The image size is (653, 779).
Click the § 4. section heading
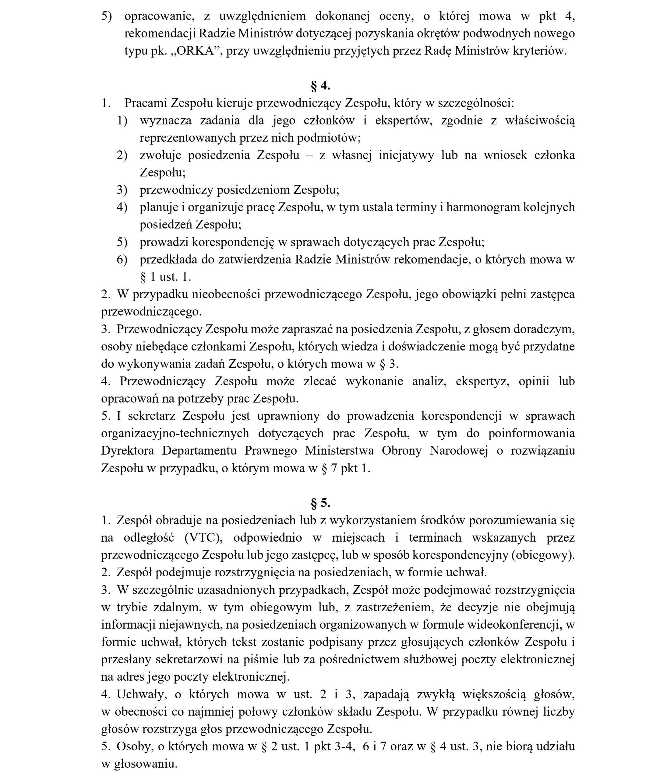[320, 86]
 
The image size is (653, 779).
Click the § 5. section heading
[320, 503]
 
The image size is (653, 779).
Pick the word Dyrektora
[127, 450]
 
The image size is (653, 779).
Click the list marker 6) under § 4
[122, 259]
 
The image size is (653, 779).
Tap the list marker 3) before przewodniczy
[122, 190]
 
